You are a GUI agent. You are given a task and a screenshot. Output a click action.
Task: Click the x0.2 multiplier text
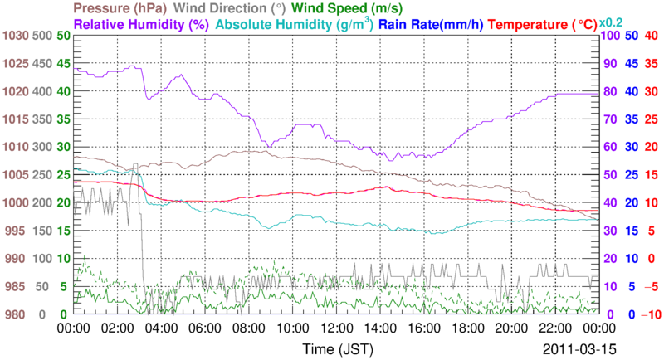[x=615, y=22]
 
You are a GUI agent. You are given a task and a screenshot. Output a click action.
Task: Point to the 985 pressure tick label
[x=17, y=287]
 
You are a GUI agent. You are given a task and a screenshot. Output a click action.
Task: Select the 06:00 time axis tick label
[x=204, y=328]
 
